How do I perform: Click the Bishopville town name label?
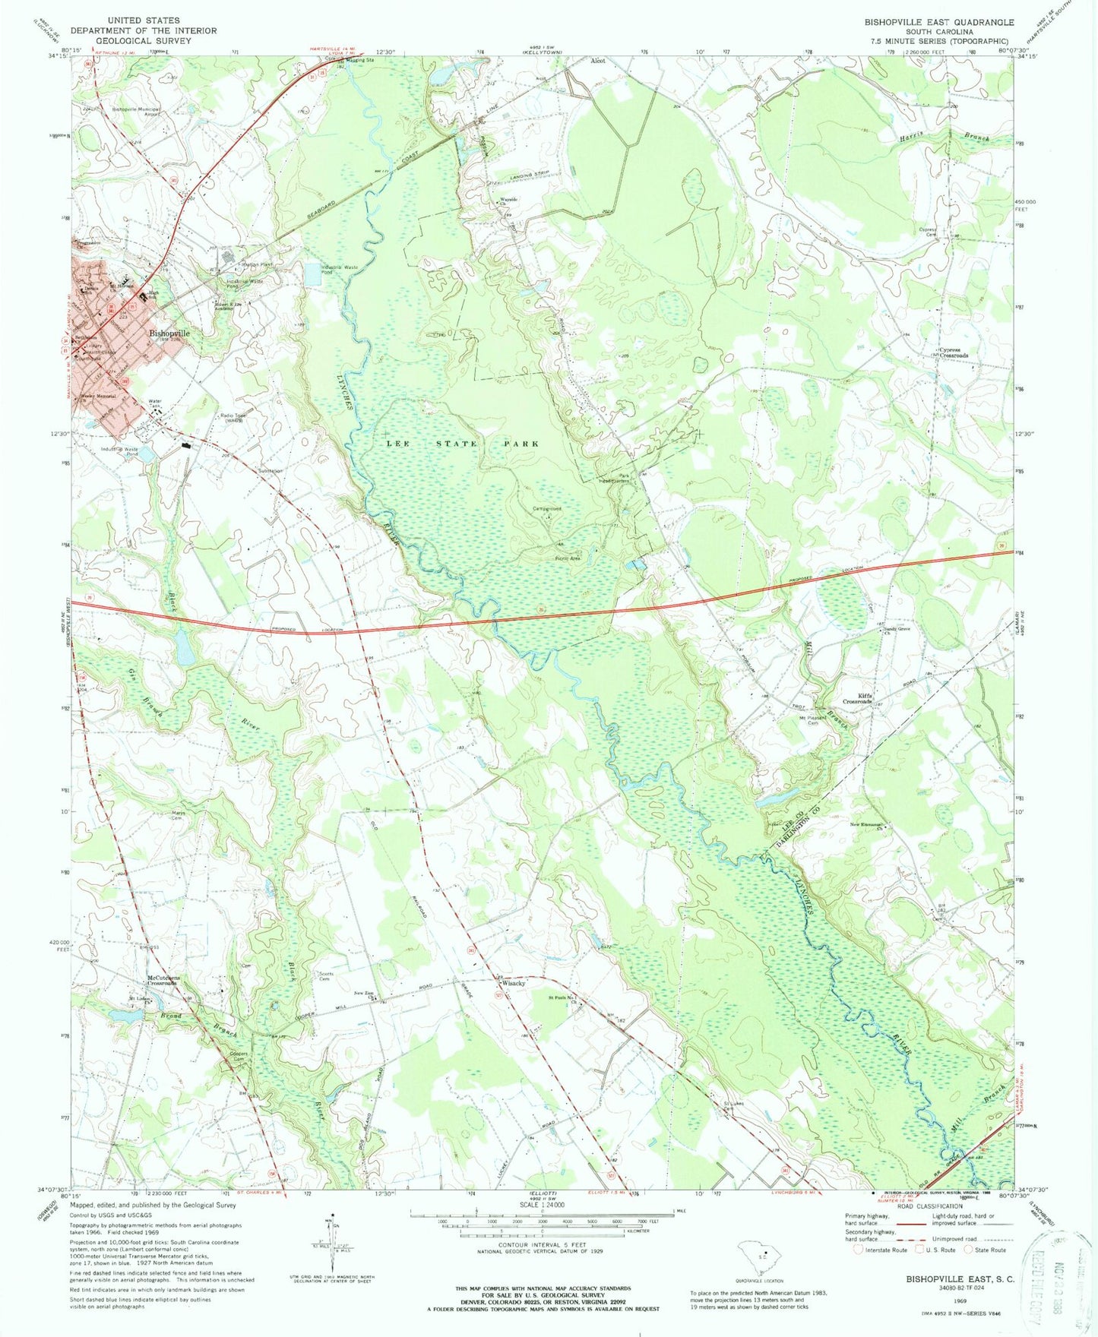point(169,333)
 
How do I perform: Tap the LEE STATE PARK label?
point(463,443)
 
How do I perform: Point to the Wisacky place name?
point(513,983)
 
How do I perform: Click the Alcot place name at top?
point(598,60)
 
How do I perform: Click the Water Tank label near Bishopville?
point(156,404)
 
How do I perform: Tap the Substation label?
point(271,470)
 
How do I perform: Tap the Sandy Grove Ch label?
point(897,630)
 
